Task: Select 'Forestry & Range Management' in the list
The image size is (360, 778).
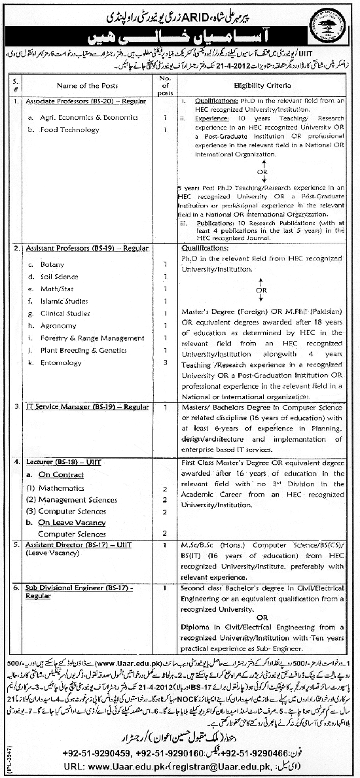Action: [x=92, y=338]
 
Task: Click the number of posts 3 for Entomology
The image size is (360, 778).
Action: [x=166, y=362]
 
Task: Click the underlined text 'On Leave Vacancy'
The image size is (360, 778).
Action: [x=72, y=523]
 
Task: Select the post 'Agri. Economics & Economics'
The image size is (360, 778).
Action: [x=84, y=117]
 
